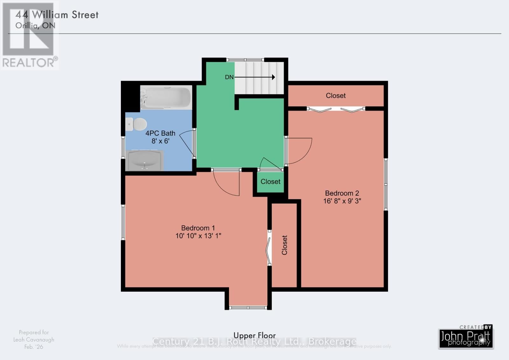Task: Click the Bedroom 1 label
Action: point(198,228)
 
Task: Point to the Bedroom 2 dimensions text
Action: point(342,201)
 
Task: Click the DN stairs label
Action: point(229,77)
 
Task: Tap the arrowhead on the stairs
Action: point(273,77)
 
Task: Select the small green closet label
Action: point(270,181)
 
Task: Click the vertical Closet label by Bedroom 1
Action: point(284,245)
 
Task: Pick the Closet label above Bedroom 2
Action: point(336,95)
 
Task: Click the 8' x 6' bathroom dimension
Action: point(160,141)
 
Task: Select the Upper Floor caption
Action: point(254,335)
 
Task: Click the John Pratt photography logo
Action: point(466,338)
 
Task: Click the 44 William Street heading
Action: point(57,15)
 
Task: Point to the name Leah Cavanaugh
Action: point(34,340)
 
